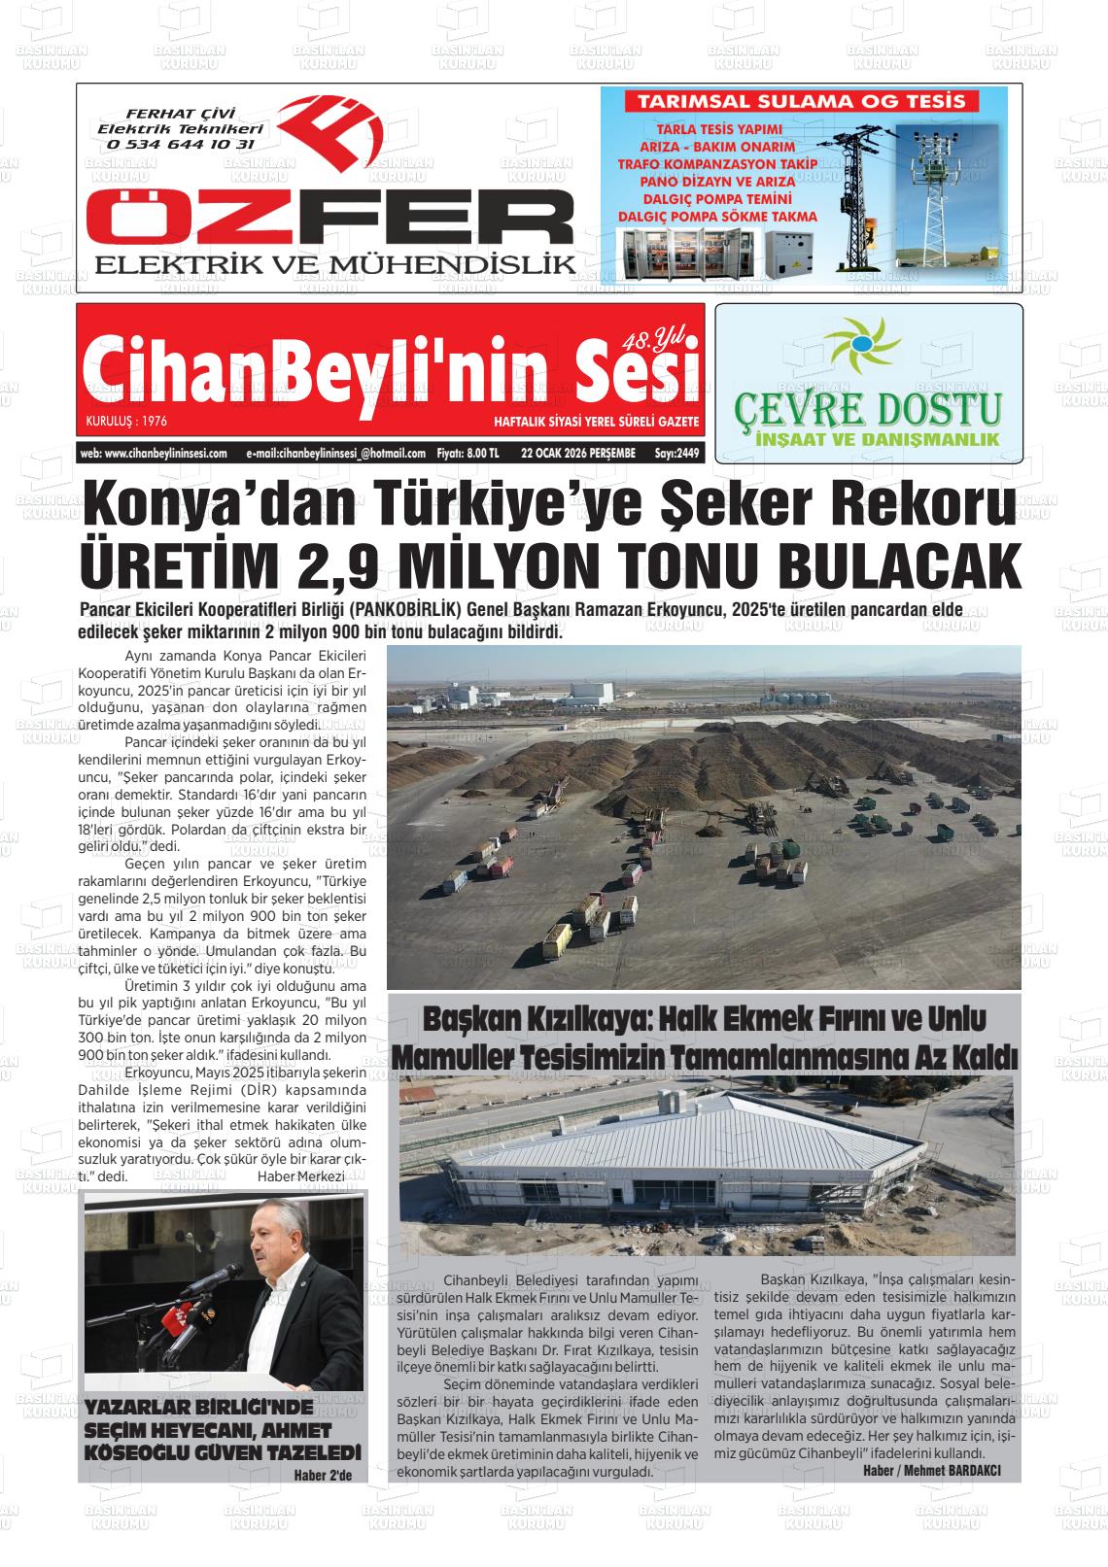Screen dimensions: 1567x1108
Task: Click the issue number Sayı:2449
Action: point(676,453)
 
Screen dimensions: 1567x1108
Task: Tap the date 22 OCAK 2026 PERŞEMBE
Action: point(577,453)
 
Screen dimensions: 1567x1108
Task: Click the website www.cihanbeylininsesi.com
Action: point(154,453)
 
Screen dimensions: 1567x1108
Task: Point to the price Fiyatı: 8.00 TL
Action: point(468,453)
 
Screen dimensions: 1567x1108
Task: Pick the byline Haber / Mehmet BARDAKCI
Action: point(931,1470)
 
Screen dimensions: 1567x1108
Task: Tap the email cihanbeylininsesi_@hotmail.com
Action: point(336,453)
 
